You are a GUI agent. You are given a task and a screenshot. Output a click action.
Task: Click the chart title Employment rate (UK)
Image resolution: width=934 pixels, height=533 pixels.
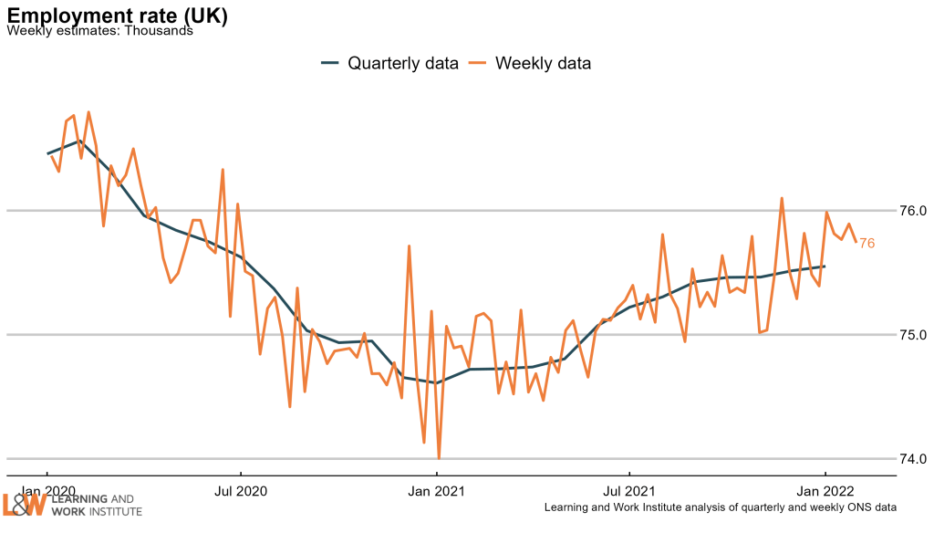point(118,16)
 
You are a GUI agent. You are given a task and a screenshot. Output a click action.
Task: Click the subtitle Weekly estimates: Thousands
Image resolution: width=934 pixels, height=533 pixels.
point(99,31)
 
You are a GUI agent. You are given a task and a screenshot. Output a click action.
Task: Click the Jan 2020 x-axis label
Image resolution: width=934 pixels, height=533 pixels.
point(47,489)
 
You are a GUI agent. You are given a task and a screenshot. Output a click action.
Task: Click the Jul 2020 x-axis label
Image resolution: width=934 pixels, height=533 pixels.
point(241,489)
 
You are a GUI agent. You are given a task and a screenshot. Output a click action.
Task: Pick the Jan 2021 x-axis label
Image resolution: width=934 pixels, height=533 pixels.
point(437,489)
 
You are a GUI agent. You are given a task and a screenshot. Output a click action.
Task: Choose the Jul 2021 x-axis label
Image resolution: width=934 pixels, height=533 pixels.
point(629,489)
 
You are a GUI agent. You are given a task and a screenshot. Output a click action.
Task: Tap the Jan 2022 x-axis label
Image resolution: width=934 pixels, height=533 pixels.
point(825,489)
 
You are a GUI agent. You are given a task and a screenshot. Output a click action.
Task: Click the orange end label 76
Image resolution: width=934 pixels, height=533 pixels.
point(867,243)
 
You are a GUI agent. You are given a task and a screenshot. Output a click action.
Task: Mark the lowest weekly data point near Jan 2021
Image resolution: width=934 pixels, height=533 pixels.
point(439,458)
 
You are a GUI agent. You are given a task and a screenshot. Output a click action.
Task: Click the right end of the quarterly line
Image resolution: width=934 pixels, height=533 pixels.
point(825,266)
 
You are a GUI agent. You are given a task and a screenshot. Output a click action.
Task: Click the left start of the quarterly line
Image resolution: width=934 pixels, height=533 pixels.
point(47,153)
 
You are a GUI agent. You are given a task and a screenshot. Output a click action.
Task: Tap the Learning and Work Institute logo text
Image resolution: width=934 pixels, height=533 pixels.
point(97,506)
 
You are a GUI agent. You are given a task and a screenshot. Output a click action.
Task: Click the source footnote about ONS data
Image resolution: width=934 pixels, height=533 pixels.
point(721,507)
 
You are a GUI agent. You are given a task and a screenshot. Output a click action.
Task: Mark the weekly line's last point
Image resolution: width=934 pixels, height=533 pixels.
point(856,241)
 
